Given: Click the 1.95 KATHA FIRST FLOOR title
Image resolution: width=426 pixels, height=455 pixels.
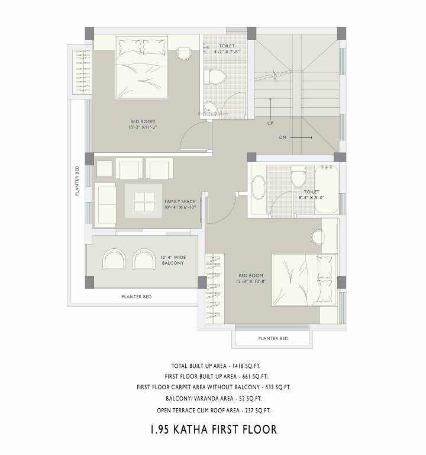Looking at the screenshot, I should pyautogui.click(x=212, y=428).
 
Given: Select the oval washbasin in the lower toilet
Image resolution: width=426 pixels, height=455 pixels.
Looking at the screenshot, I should pyautogui.click(x=259, y=191).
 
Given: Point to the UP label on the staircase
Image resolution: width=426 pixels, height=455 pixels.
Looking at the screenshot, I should pyautogui.click(x=270, y=124).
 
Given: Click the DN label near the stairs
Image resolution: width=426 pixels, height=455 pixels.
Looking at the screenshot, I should pyautogui.click(x=283, y=137).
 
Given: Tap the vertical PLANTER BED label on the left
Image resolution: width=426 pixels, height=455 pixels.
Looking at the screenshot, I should pyautogui.click(x=77, y=181).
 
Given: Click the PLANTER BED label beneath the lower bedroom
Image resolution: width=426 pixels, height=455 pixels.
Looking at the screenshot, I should pyautogui.click(x=273, y=338).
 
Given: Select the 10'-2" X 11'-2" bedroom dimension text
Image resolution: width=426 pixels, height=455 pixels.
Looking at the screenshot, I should pyautogui.click(x=141, y=127).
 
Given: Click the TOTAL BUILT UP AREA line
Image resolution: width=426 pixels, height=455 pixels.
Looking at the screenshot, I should pyautogui.click(x=212, y=366).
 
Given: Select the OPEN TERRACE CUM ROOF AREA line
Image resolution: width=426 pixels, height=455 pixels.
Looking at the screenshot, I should pyautogui.click(x=212, y=409).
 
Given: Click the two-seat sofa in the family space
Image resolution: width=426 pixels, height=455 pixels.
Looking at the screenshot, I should pyautogui.click(x=106, y=201).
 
